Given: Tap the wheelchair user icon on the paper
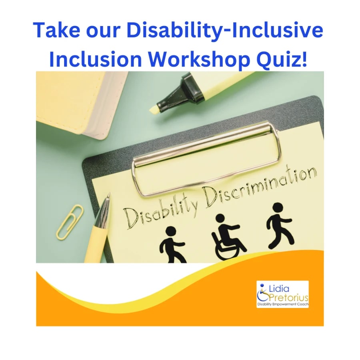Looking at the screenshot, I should tap(228, 237).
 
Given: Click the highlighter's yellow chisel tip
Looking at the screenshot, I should tap(154, 108).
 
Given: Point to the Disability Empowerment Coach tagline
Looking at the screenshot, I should tap(282, 305).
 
